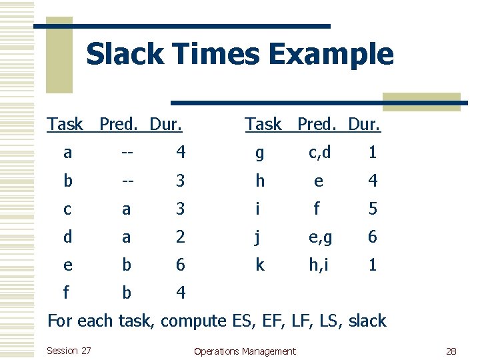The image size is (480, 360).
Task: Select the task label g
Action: (x=259, y=153)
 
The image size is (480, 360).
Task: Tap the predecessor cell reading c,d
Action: (x=319, y=153)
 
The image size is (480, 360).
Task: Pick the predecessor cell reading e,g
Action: (x=319, y=237)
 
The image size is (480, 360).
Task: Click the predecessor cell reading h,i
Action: (x=319, y=265)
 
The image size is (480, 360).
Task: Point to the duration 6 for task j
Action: (x=373, y=237)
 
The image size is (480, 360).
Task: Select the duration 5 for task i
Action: (x=373, y=209)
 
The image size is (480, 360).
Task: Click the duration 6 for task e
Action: (x=181, y=265)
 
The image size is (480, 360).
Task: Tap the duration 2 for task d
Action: (x=181, y=237)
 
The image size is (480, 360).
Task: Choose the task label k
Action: (x=259, y=265)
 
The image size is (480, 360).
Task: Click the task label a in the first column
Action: (x=68, y=153)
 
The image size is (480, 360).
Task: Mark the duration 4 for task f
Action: (x=181, y=293)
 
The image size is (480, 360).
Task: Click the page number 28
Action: (x=451, y=351)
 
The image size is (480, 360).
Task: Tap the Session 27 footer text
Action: (x=69, y=351)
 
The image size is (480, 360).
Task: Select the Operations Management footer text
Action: (x=244, y=351)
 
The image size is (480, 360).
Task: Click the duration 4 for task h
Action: (x=373, y=181)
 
